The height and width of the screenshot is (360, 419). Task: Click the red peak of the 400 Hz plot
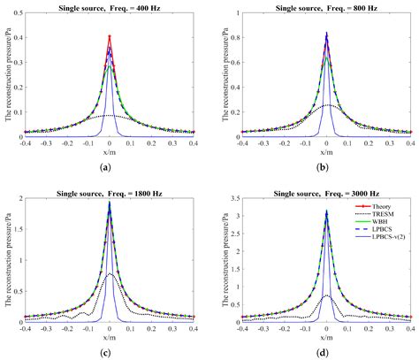tap(110, 37)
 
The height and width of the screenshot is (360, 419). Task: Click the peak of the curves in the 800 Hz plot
tap(327, 34)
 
